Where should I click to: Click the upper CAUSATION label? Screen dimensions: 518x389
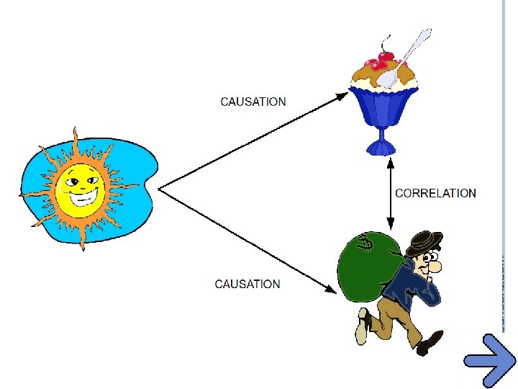click(253, 102)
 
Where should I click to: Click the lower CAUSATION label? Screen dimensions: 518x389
click(247, 284)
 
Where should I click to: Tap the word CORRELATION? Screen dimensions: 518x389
click(435, 193)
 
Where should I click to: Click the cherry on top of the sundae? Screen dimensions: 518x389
click(386, 55)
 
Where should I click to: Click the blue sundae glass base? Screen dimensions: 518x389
click(381, 147)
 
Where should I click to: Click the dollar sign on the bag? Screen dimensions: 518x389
click(366, 245)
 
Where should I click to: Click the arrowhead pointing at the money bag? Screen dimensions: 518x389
click(330, 290)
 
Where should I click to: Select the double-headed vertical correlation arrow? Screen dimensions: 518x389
click(389, 193)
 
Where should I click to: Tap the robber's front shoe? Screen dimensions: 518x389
click(430, 342)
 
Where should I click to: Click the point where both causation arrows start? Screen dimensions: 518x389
click(159, 189)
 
